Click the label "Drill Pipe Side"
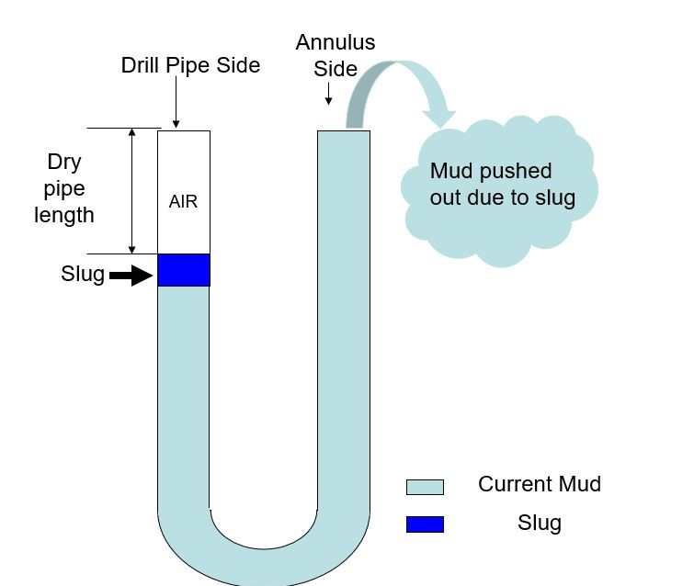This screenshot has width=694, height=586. tap(190, 65)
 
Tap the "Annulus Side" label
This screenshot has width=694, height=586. tap(336, 56)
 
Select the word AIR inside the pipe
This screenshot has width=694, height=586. tap(183, 201)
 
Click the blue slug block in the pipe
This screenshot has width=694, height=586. tap(184, 270)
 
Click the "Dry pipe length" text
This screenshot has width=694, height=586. tap(64, 188)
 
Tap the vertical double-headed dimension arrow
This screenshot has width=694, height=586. tap(132, 191)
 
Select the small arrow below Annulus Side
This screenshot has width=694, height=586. tap(328, 95)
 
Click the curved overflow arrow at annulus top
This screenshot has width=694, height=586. tap(404, 87)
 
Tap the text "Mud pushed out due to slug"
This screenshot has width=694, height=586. tap(502, 185)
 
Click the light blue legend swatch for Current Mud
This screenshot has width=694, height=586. tap(425, 487)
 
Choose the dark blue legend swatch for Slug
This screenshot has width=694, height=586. tap(425, 524)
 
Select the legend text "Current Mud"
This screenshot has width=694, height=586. tap(539, 484)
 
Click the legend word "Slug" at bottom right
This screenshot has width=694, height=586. tap(539, 523)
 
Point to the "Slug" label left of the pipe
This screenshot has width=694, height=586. tap(83, 274)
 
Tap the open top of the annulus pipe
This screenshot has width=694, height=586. tap(344, 132)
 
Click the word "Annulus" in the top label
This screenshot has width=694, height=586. tap(336, 43)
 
